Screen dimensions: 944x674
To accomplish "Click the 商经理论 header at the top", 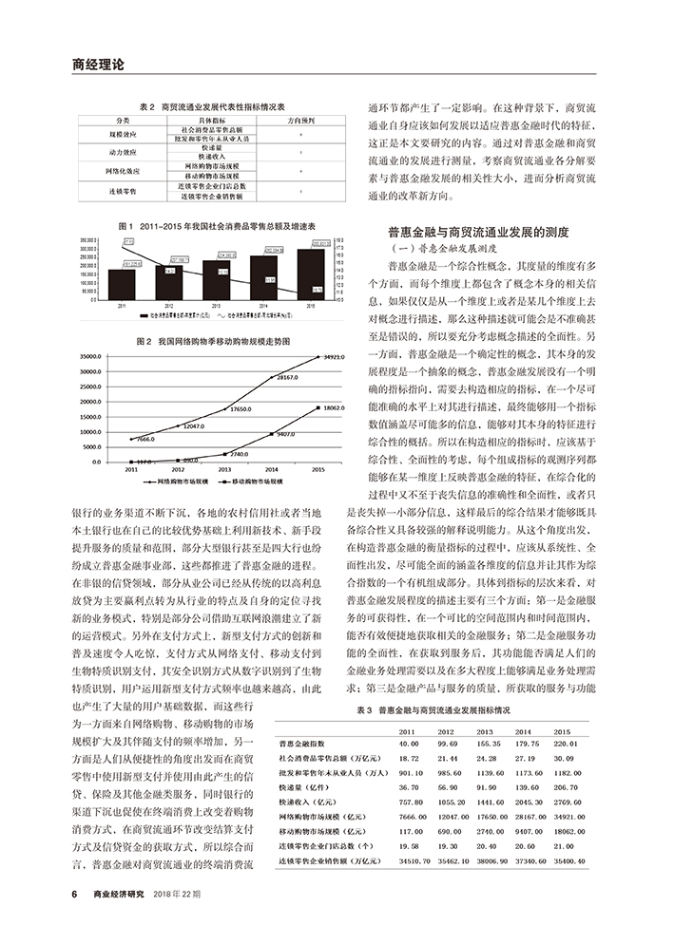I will click(98, 65).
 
